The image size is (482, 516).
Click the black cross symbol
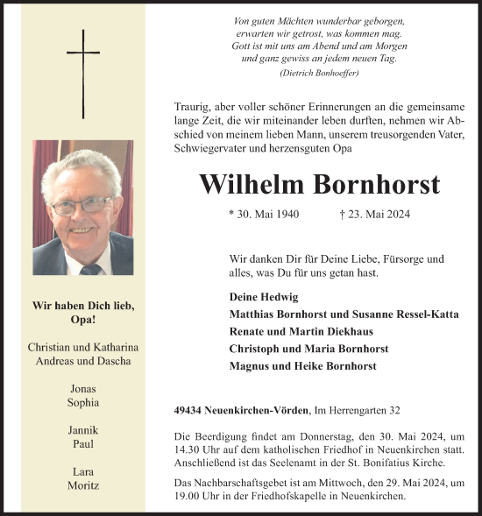coord(83,74)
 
